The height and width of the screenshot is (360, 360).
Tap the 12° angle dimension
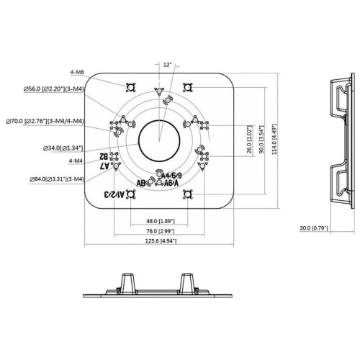pyautogui.click(x=167, y=65)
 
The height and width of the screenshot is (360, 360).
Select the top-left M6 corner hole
pyautogui.click(x=130, y=87)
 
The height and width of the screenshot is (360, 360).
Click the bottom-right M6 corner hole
pyautogui.click(x=188, y=194)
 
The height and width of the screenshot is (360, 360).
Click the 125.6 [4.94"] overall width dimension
pyautogui.click(x=159, y=242)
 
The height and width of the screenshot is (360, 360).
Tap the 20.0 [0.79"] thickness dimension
pyautogui.click(x=315, y=228)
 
